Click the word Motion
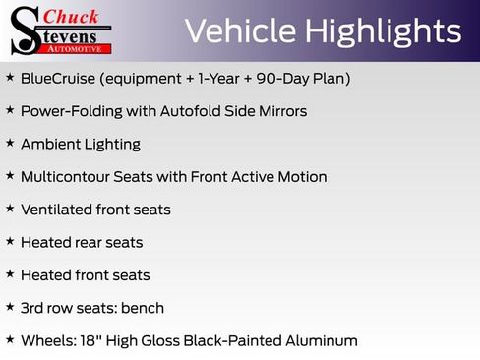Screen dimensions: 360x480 (301, 177)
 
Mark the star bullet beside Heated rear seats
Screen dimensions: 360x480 (10, 241)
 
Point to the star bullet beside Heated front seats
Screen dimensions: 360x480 (10, 274)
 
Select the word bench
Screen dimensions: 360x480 (143, 308)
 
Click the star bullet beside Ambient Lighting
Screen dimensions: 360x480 (10, 143)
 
